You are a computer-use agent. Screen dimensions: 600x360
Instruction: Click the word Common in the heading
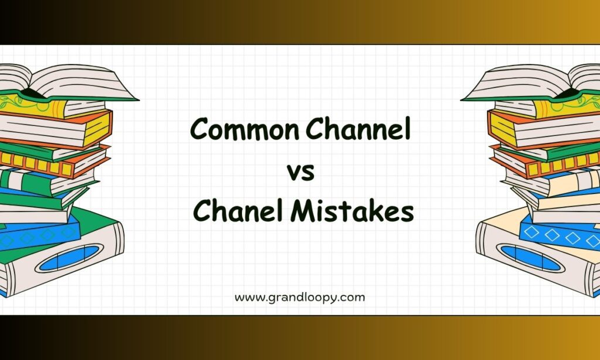244,128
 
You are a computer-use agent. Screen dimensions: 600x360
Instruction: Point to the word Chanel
238,210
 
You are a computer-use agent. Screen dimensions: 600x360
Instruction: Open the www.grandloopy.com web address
299,298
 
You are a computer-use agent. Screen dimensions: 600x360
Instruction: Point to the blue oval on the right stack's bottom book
531,258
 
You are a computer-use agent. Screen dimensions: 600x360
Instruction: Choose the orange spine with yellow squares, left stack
36,165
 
